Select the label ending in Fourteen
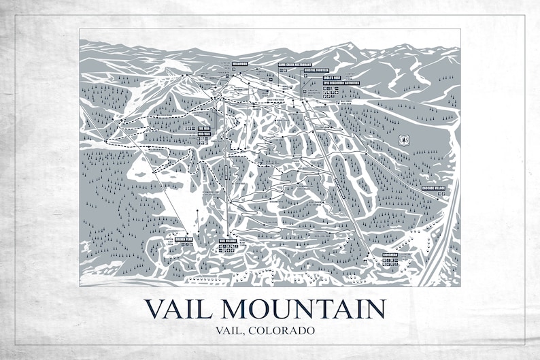click(316, 70)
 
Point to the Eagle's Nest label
click(331, 78)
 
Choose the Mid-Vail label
click(204, 135)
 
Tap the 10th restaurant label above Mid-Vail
click(204, 127)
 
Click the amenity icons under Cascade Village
click(441, 194)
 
